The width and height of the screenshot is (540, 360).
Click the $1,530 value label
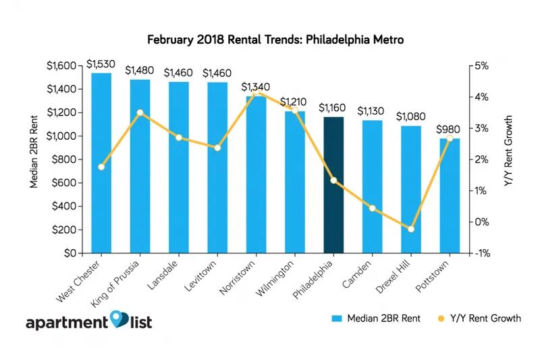coord(101,64)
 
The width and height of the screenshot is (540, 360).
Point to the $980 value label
coord(449,129)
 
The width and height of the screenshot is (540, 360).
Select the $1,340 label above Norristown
coord(256,87)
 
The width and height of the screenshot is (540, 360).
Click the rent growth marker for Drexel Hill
coord(410,229)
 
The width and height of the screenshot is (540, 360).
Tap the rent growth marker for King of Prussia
coord(140,113)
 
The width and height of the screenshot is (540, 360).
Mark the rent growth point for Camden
coord(372,208)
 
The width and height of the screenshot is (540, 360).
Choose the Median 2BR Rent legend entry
coord(377,317)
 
